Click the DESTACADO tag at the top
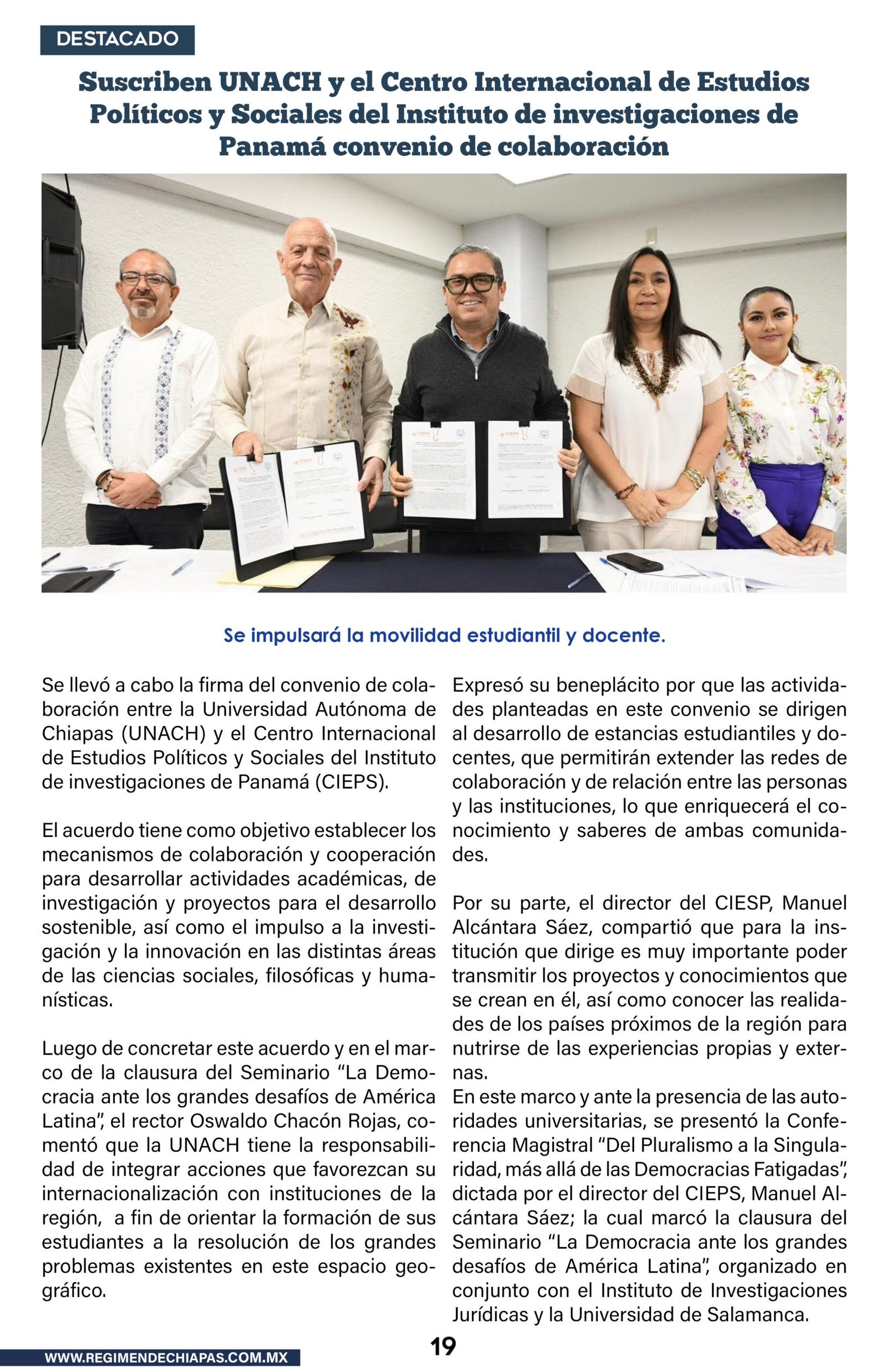(117, 40)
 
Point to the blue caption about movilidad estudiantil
(443, 636)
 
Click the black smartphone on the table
(635, 562)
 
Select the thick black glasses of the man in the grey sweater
(472, 283)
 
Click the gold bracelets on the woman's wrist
(694, 477)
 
